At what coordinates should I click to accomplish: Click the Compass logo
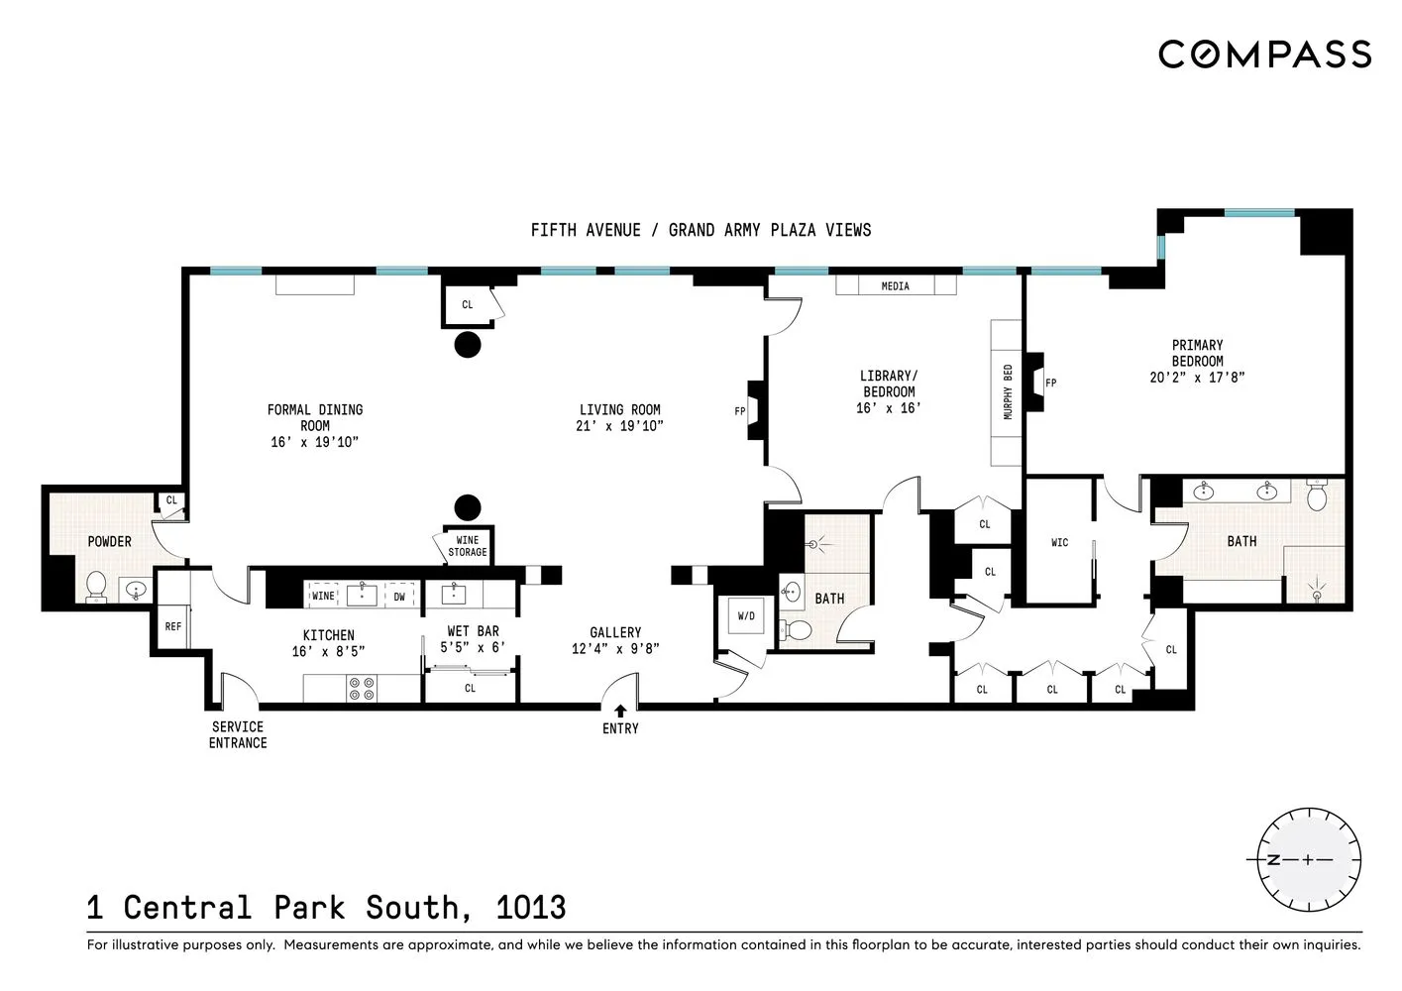click(x=1264, y=54)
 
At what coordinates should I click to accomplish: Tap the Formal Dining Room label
click(x=315, y=417)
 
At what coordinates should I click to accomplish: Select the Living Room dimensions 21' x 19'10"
click(x=619, y=426)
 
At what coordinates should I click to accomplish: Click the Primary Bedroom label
click(x=1197, y=353)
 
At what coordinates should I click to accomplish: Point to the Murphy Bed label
click(x=1008, y=392)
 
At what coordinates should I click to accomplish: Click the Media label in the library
click(x=895, y=286)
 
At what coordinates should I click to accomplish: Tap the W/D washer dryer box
click(x=746, y=616)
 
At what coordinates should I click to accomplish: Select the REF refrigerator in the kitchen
click(x=173, y=626)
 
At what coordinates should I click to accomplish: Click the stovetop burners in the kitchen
click(x=362, y=689)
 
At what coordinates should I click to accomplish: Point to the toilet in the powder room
click(x=96, y=586)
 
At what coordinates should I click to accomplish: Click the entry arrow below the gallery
click(x=620, y=711)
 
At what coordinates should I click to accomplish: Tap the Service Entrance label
click(x=238, y=734)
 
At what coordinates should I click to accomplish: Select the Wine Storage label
click(x=467, y=546)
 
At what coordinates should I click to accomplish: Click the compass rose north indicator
click(x=1274, y=859)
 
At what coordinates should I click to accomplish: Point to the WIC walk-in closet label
click(x=1059, y=542)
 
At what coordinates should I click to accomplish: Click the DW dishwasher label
click(x=399, y=597)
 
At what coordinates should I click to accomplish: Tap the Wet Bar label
click(x=473, y=631)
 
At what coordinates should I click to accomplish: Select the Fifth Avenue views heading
click(x=701, y=230)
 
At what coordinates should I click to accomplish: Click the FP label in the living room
click(x=739, y=411)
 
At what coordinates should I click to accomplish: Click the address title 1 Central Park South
click(x=326, y=907)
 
